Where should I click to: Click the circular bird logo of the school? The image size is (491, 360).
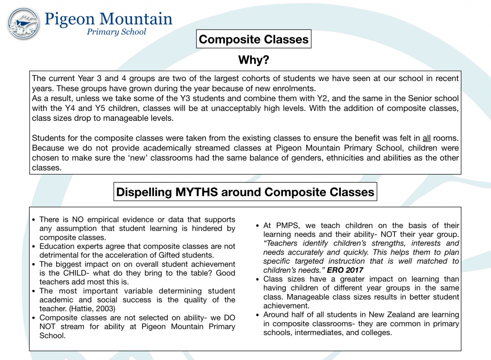(x=23, y=23)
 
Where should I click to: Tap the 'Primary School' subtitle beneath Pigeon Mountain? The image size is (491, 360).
(x=116, y=32)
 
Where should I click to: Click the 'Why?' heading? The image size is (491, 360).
(x=254, y=60)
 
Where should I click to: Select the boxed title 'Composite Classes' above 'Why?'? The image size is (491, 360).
(x=254, y=39)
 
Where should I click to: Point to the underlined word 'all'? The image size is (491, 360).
(x=426, y=138)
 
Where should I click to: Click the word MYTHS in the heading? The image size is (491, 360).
(x=196, y=192)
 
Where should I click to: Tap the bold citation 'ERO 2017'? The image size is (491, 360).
(x=345, y=270)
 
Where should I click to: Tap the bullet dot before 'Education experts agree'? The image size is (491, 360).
(x=34, y=247)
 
